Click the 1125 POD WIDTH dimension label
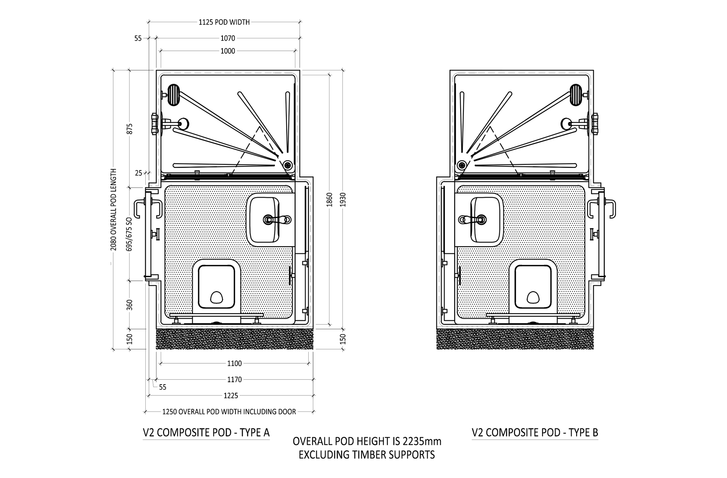coord(224,22)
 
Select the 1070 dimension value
coord(228,38)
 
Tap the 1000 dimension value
coord(228,51)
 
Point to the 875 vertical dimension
coord(130,128)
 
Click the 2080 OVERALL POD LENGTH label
coord(114,209)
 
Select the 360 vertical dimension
coord(130,305)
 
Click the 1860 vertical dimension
coord(329,199)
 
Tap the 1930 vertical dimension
coord(343,199)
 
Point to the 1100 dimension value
coord(234,364)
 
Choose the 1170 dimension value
coord(234,380)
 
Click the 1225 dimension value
coord(231,396)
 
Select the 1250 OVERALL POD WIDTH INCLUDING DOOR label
coord(229,412)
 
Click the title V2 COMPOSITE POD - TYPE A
coord(206,433)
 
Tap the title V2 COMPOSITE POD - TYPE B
coord(535,433)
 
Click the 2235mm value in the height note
coord(421,442)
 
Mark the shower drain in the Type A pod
coord(288,165)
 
